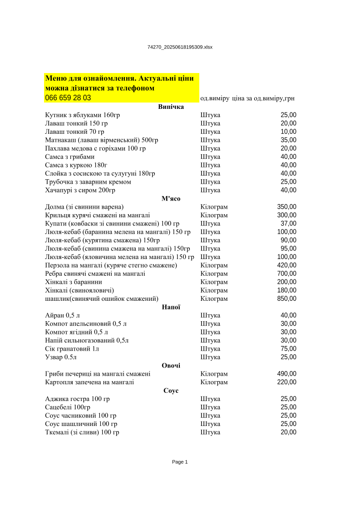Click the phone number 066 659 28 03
pos(68,98)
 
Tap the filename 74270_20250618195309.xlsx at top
pos(180,47)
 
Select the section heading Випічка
pos(171,107)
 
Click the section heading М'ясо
pos(171,199)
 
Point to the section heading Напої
pos(171,307)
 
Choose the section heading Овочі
pos(171,366)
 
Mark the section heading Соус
pos(171,391)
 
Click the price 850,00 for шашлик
pos(286,299)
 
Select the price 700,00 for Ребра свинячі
pos(286,274)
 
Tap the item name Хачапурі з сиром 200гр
pos(80,190)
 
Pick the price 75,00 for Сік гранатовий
pos(288,349)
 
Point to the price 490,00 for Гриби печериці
pos(286,374)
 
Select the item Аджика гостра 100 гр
pos(77,399)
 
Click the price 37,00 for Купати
pos(288,224)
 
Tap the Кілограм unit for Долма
pos(214,207)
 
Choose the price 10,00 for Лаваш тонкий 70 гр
pos(288,132)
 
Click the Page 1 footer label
pos(180,462)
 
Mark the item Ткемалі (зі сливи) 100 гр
pos(82,432)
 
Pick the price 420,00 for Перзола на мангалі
pos(286,265)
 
